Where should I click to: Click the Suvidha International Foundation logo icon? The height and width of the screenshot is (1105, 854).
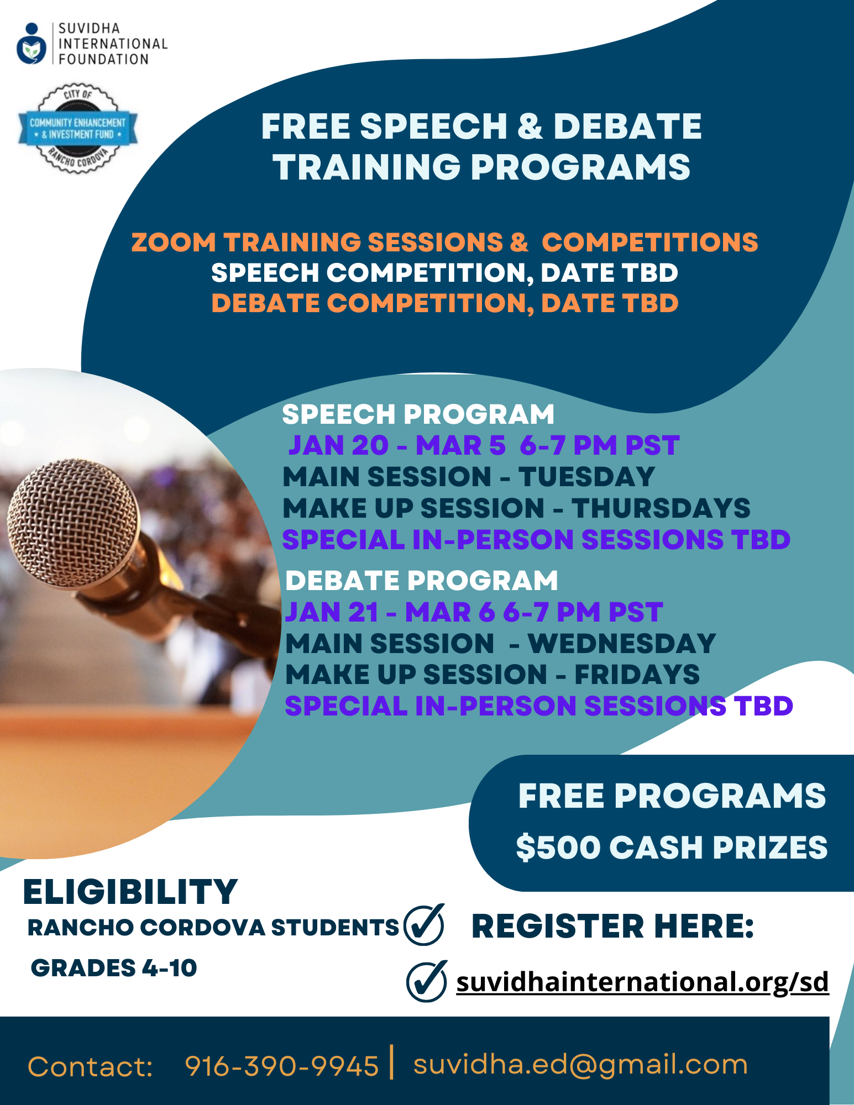pyautogui.click(x=32, y=44)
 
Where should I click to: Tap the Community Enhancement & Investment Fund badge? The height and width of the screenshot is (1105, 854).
pyautogui.click(x=78, y=129)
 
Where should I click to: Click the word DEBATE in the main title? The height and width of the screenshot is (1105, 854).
pyautogui.click(x=627, y=127)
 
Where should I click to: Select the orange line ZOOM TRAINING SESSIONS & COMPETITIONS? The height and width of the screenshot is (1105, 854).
pyautogui.click(x=444, y=243)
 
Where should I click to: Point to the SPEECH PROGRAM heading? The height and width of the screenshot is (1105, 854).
pyautogui.click(x=418, y=414)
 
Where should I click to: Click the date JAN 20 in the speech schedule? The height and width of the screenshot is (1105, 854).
pyautogui.click(x=338, y=445)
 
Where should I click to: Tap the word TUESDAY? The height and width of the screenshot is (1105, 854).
pyautogui.click(x=586, y=477)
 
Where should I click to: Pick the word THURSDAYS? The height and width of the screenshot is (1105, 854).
pyautogui.click(x=661, y=508)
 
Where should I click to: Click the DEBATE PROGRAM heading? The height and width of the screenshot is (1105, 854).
pyautogui.click(x=421, y=581)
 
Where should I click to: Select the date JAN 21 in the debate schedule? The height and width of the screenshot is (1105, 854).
pyautogui.click(x=332, y=612)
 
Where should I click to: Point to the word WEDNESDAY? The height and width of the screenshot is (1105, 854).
pyautogui.click(x=622, y=644)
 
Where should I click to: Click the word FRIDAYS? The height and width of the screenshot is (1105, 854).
pyautogui.click(x=637, y=675)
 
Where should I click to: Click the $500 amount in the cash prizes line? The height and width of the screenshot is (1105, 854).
pyautogui.click(x=558, y=848)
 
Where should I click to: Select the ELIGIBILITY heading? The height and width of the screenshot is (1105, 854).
pyautogui.click(x=130, y=892)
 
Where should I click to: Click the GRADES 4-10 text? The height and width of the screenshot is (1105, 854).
pyautogui.click(x=114, y=968)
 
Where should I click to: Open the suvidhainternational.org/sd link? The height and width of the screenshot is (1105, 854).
pyautogui.click(x=642, y=982)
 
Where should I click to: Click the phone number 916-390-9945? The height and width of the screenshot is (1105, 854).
pyautogui.click(x=282, y=1066)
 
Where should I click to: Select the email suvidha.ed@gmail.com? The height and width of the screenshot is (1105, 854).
pyautogui.click(x=580, y=1065)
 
